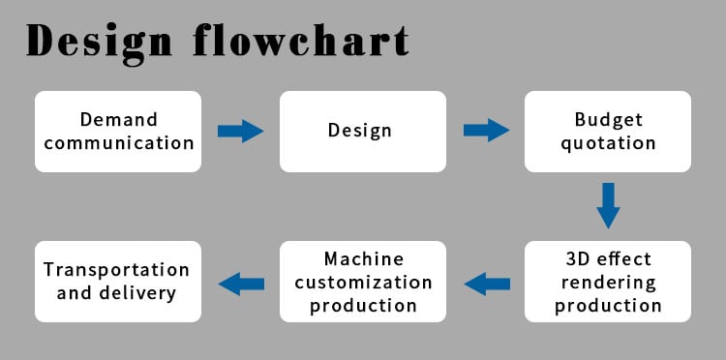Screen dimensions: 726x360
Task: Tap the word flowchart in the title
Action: (301, 40)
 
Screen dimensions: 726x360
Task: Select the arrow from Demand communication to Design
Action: (241, 131)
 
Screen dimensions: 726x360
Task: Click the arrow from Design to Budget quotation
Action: (486, 130)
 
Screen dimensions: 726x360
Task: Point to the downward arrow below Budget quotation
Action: (608, 205)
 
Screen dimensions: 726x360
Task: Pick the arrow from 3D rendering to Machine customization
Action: (487, 284)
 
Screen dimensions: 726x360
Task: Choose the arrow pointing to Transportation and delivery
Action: (241, 284)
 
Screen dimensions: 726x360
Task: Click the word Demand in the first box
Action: (118, 119)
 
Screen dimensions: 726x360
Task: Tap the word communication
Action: (118, 143)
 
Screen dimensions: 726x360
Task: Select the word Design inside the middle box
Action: (360, 131)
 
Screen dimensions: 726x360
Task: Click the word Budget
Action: (609, 120)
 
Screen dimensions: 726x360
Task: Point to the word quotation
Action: (608, 143)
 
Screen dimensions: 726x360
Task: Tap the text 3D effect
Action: (609, 258)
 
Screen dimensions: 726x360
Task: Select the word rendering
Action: (609, 283)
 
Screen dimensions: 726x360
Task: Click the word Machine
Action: (363, 258)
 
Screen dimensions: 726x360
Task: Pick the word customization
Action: (363, 283)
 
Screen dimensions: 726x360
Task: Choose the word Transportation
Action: (117, 270)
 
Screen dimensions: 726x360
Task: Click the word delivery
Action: (137, 293)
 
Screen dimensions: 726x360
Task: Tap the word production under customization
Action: (363, 307)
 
